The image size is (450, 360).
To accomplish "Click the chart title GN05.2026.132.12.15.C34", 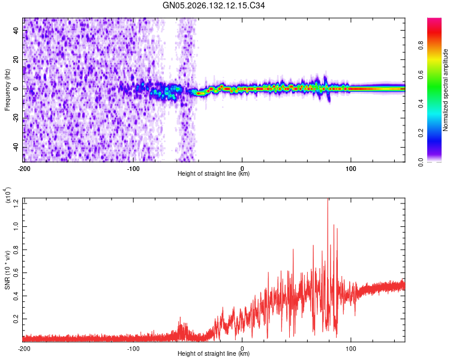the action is [x=214, y=5].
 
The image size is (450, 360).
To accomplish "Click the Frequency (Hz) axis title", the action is [x=7, y=90].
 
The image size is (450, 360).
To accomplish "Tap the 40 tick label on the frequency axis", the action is [x=16, y=31].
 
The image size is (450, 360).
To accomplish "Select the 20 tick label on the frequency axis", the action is [x=16, y=59].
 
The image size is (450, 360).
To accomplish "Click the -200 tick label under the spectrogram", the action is [x=24, y=169].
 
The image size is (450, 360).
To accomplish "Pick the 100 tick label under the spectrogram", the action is [x=351, y=169].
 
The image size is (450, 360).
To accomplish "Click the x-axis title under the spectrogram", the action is [x=214, y=173].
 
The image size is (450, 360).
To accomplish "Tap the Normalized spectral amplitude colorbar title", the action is [x=445, y=90].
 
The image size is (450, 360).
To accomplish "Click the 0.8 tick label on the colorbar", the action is [x=421, y=46].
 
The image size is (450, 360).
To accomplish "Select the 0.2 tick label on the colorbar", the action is [x=421, y=133].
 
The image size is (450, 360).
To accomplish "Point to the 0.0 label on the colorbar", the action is [x=421, y=162].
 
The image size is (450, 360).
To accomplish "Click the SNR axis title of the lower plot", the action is [x=7, y=270].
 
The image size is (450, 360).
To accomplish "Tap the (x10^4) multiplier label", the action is [x=7, y=195].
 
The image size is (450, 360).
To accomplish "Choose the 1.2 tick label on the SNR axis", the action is [x=16, y=203].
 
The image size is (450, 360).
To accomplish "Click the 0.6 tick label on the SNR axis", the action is [x=16, y=273].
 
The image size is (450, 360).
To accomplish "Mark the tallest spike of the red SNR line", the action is [x=328, y=199].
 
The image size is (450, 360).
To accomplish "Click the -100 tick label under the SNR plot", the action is [x=133, y=349].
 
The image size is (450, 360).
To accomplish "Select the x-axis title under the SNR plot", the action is [x=214, y=353].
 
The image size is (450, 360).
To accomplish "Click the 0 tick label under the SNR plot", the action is [x=242, y=349].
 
